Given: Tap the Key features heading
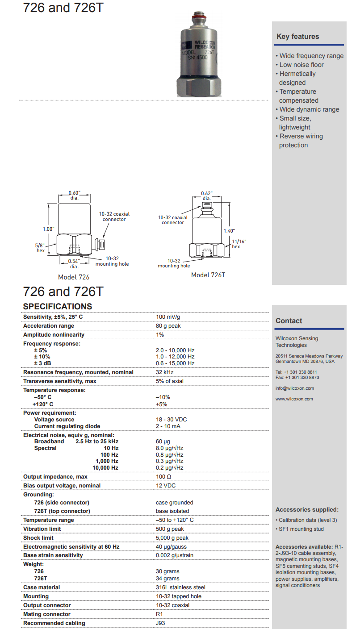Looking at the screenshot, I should tap(297, 37).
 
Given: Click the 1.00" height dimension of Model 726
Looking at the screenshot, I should tap(48, 229).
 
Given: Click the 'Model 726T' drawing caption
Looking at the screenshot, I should tap(208, 275).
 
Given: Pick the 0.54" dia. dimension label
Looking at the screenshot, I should tap(74, 264).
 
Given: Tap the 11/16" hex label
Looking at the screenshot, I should tap(239, 244).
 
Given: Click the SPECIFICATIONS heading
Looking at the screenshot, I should tap(58, 306).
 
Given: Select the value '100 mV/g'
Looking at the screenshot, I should tap(168, 317).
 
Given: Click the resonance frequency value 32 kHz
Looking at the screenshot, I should tap(164, 372).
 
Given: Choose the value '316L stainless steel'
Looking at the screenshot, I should tap(180, 587).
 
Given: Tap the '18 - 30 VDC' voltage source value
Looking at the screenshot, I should tap(171, 420).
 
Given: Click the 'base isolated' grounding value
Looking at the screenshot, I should tap(172, 511).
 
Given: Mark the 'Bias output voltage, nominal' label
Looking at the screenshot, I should tap(62, 486).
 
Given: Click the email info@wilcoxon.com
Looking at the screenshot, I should tap(294, 388).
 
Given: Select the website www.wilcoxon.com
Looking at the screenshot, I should tap(294, 399).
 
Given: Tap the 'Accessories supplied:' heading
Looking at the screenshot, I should tap(307, 510).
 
